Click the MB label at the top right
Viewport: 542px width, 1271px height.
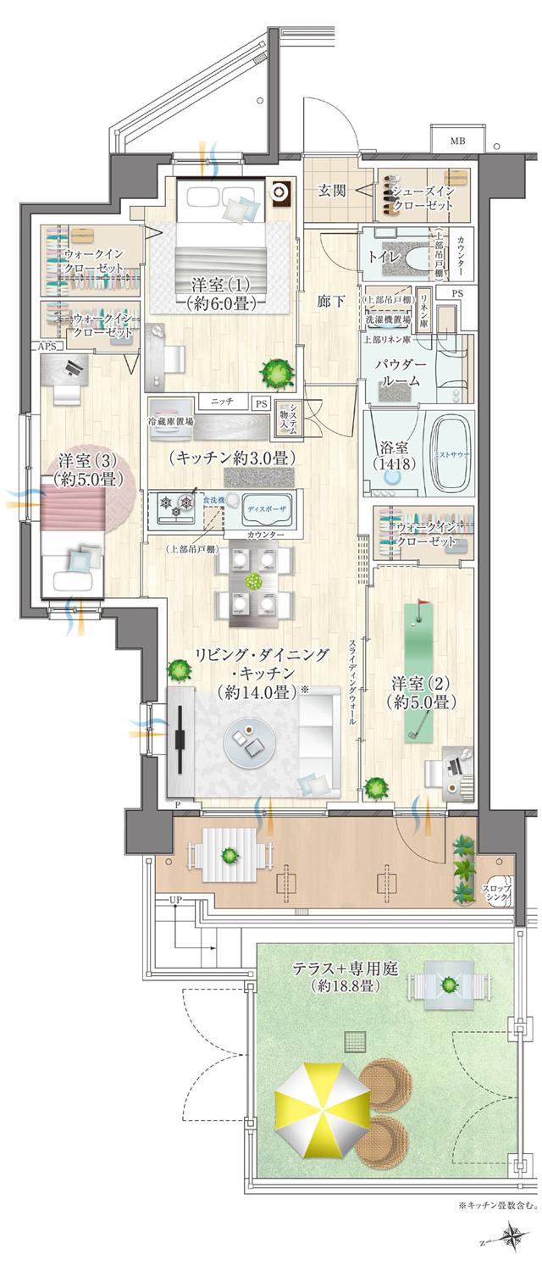coord(457,141)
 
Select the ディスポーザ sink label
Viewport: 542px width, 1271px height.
coord(268,509)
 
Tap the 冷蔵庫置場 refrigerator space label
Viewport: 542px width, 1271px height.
coord(170,421)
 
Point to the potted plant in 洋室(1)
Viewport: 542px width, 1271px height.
coord(276,370)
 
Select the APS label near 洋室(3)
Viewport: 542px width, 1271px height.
coord(44,347)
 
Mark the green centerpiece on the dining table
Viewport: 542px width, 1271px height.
coord(252,581)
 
